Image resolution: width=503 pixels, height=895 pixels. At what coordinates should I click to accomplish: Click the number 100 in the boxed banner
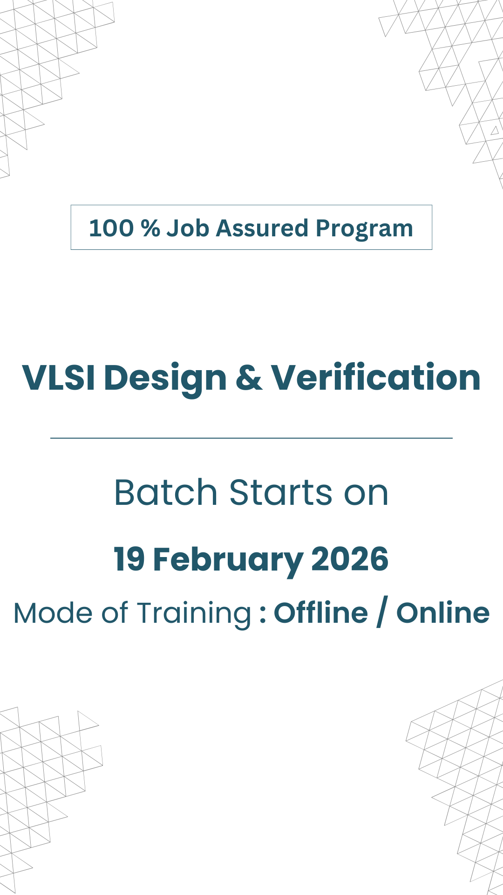point(111,228)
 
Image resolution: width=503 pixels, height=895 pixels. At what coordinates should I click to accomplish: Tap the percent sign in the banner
point(150,228)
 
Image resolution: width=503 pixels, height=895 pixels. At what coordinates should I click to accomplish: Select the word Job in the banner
point(188,228)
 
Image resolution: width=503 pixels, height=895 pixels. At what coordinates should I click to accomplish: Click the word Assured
point(262,228)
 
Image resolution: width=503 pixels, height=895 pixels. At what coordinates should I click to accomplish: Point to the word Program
point(364,230)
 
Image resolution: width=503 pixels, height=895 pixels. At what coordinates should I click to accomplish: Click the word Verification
point(376,377)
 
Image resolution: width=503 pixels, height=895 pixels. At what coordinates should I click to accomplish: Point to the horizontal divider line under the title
point(251,438)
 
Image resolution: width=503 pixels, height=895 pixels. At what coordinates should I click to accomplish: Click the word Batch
point(166,492)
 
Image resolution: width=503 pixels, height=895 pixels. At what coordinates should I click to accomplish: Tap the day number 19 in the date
point(129,559)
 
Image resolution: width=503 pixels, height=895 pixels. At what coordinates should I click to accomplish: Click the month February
point(228,561)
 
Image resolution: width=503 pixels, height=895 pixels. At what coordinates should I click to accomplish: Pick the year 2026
point(350,559)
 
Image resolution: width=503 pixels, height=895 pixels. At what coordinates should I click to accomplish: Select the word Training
point(195,614)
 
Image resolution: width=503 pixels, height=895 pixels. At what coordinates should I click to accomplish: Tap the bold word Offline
point(321,613)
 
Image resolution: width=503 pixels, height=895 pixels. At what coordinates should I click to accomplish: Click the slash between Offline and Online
point(382,613)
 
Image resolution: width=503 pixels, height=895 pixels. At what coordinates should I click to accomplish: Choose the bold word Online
point(443,613)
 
